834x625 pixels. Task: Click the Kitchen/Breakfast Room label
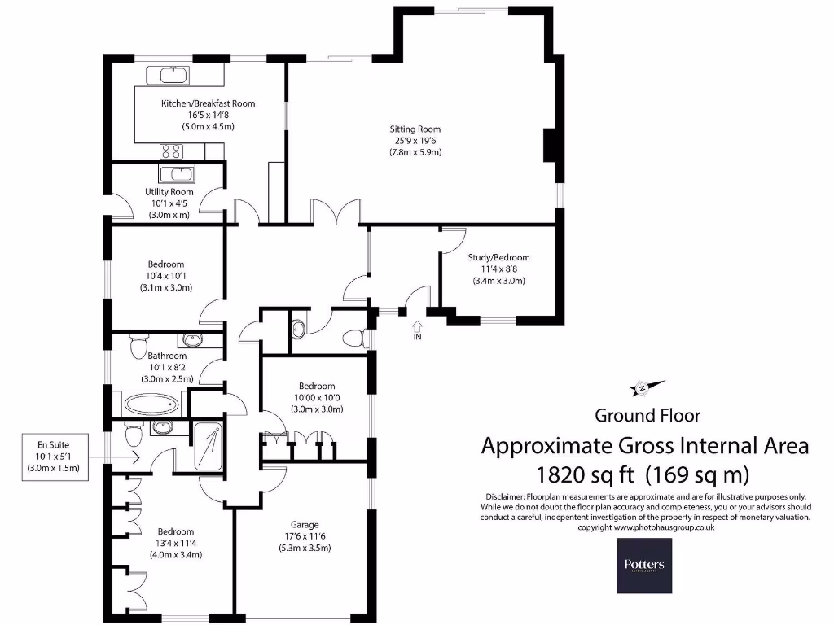tap(208, 103)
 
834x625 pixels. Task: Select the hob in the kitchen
tap(172, 150)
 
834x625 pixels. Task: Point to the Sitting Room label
tap(415, 129)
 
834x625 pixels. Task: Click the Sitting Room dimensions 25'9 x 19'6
tap(415, 140)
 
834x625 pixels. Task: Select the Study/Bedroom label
tap(498, 258)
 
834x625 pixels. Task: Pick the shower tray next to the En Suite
tap(211, 448)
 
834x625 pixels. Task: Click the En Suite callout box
tap(54, 457)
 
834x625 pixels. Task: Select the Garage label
tap(305, 524)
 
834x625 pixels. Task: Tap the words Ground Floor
tap(647, 416)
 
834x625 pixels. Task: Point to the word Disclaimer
tap(506, 496)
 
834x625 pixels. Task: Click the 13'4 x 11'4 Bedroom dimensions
tap(175, 544)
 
